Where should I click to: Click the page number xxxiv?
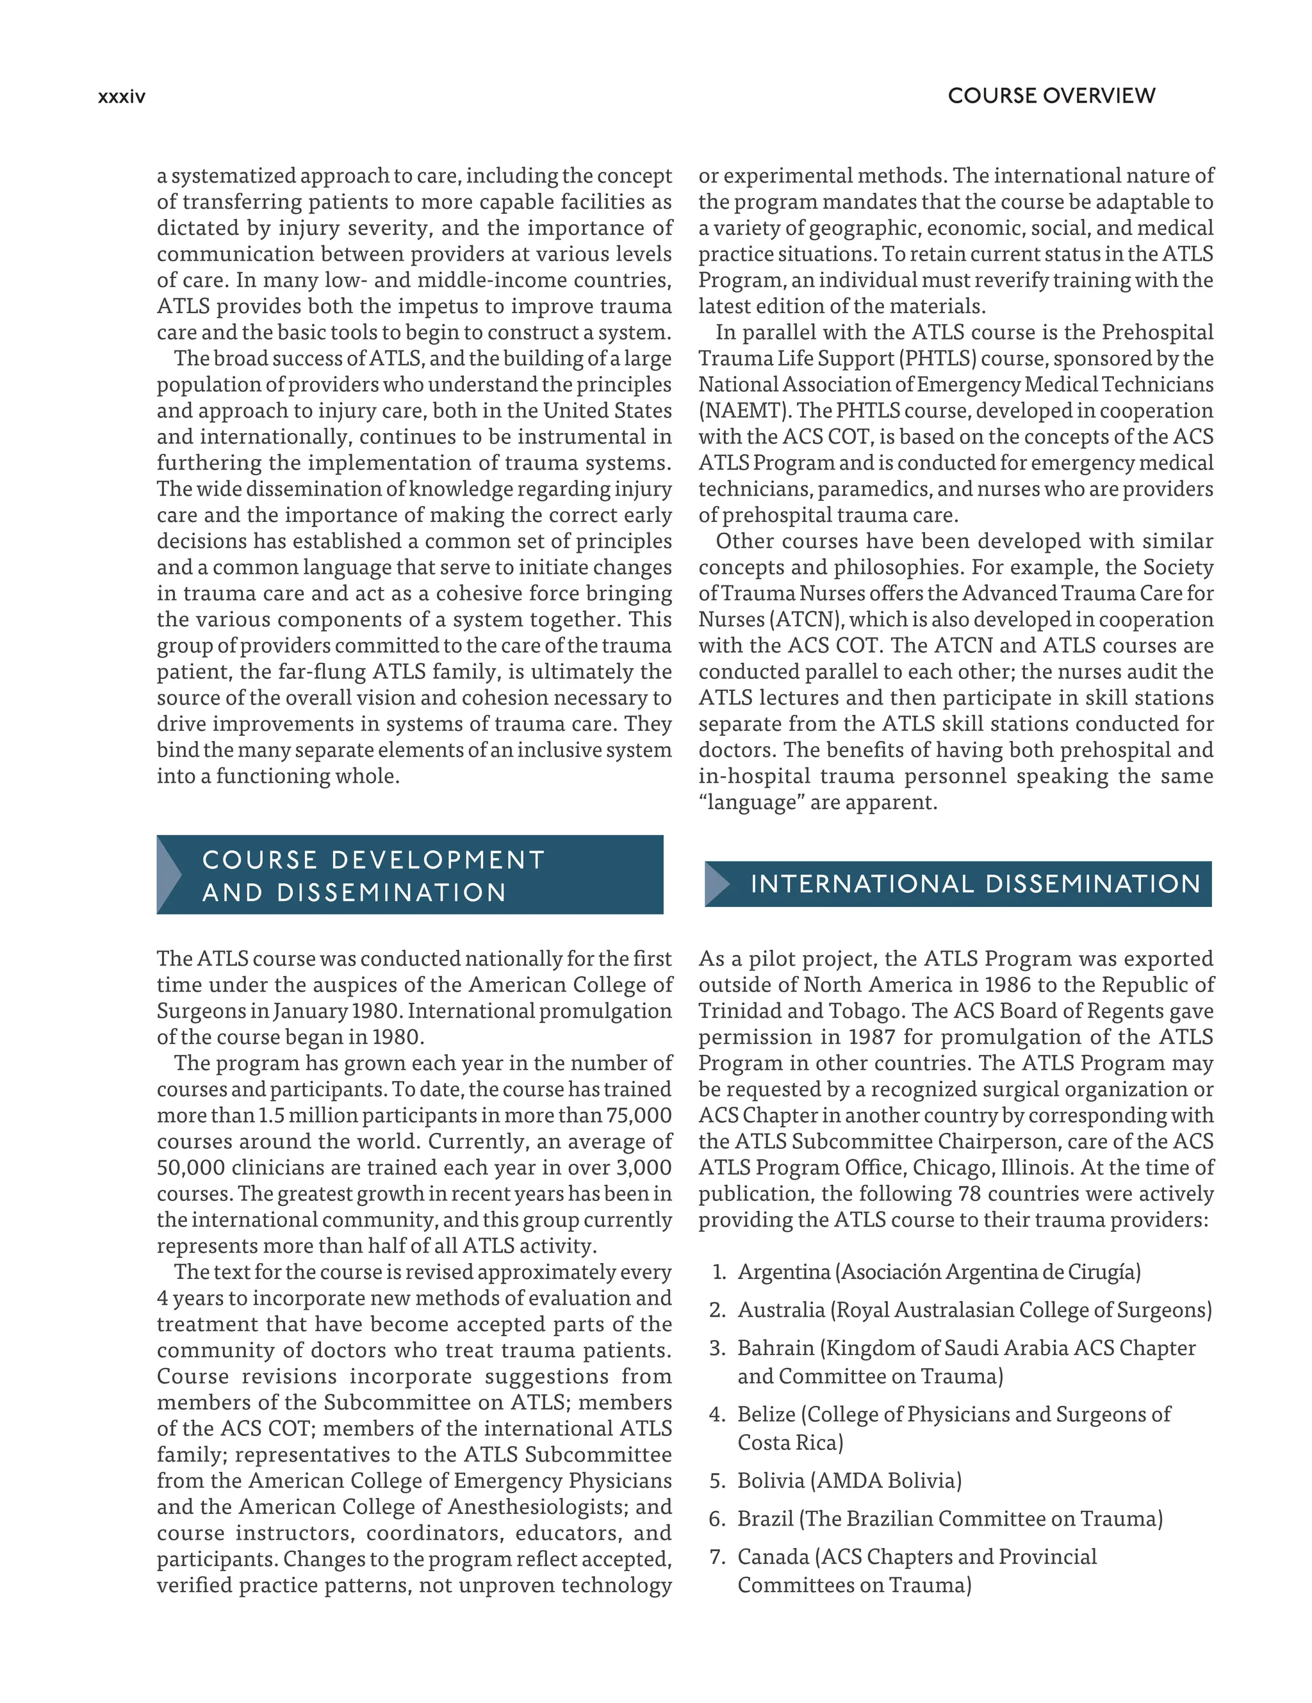click(x=122, y=97)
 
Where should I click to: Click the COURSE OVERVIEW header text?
click(x=1051, y=96)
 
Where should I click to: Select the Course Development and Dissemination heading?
click(x=373, y=876)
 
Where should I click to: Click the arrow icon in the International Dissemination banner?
click(x=717, y=883)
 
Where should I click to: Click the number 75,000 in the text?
click(x=639, y=1116)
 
